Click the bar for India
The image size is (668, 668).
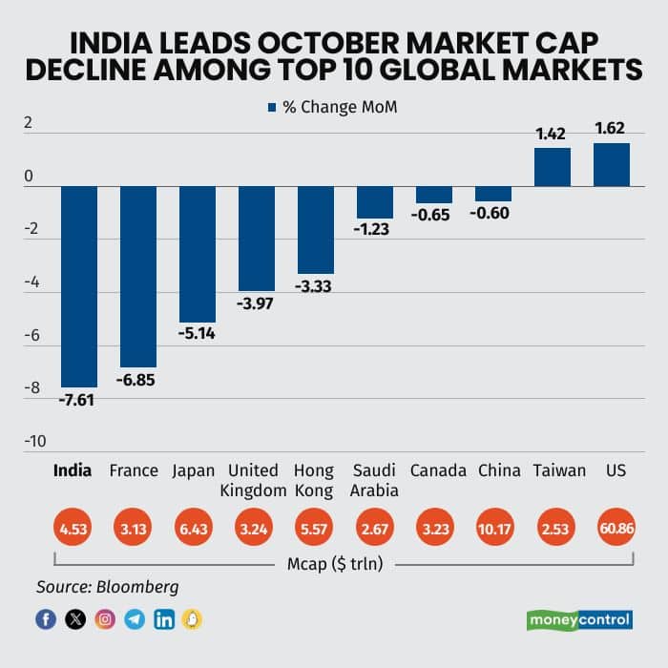point(79,286)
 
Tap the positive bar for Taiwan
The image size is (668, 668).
point(552,167)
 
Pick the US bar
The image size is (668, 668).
point(611,165)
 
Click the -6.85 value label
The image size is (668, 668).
point(136,380)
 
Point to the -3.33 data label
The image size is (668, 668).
point(314,286)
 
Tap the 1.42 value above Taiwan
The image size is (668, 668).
point(552,135)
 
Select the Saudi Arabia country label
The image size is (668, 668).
point(374,480)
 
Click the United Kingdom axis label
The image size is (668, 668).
point(256,480)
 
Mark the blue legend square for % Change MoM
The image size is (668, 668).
point(272,107)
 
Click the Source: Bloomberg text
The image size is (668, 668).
point(107,587)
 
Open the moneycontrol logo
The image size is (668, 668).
point(579,618)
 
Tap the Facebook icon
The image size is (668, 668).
point(46,619)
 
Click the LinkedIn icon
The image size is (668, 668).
point(163,619)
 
